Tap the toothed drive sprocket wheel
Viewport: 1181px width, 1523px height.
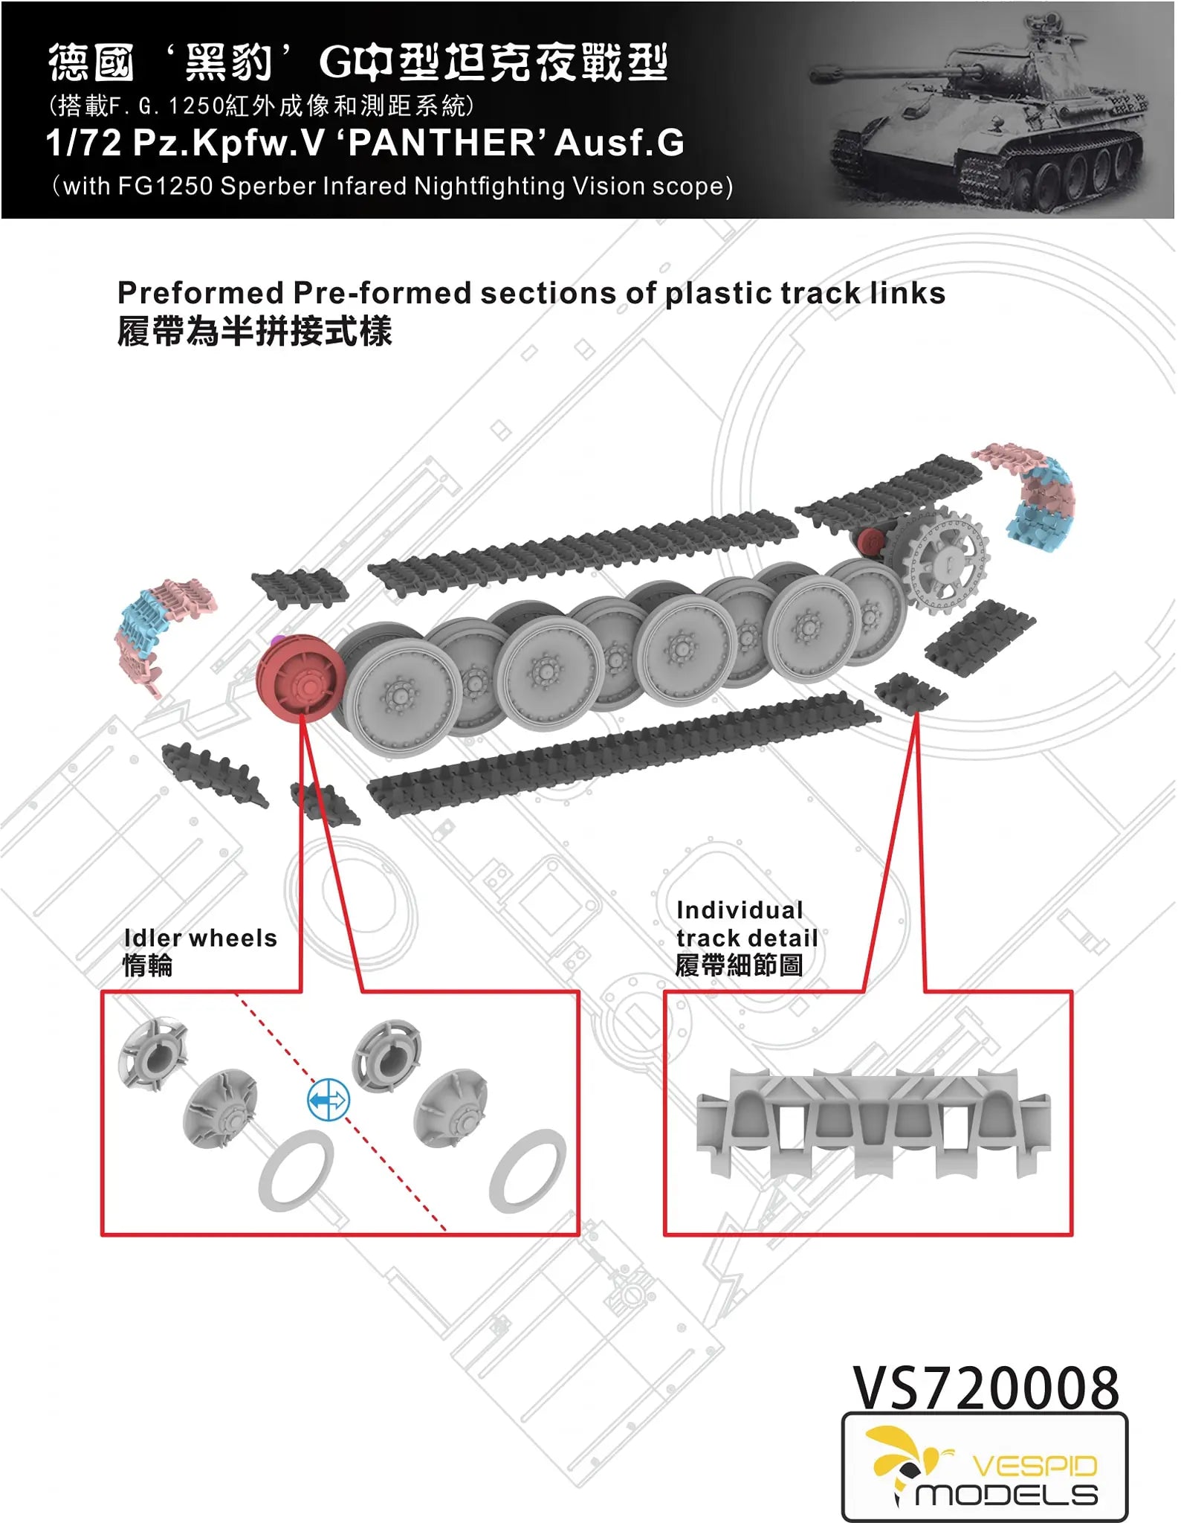945,559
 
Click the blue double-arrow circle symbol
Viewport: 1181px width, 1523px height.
328,1099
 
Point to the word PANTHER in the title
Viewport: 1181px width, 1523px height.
442,143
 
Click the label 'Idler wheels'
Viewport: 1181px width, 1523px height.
200,938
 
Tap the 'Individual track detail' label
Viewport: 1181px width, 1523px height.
746,924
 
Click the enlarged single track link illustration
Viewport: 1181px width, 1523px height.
873,1121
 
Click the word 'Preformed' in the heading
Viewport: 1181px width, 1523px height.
201,293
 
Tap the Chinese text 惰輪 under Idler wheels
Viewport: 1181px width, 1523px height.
148,965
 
